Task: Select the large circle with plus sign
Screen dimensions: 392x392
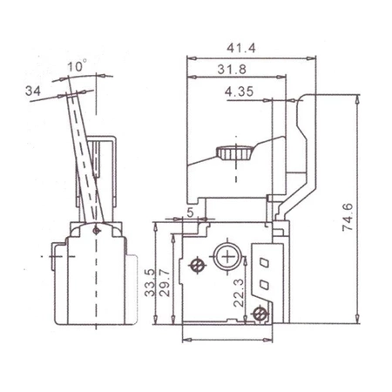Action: click(228, 258)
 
